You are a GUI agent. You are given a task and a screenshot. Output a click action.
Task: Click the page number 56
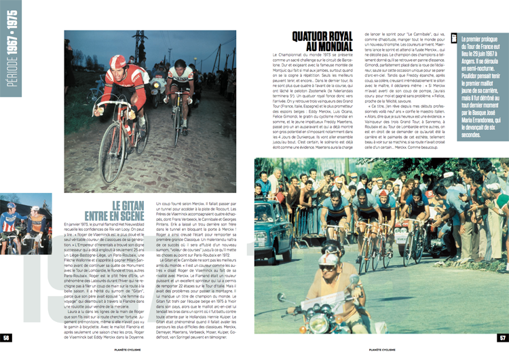point(6,338)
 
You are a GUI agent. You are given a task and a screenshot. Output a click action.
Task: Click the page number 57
point(502,338)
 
